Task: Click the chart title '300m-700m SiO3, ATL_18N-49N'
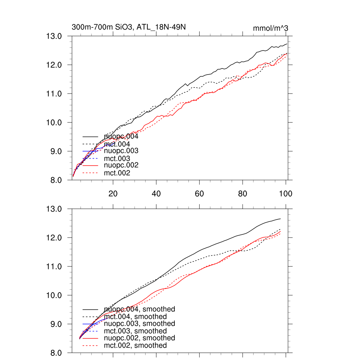(129, 27)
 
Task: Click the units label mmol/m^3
(271, 28)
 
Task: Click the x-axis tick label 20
(113, 194)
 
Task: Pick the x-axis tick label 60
(199, 194)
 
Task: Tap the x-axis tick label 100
(285, 194)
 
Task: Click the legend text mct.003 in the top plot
(117, 159)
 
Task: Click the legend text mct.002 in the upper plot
(117, 173)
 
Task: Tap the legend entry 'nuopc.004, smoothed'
(139, 309)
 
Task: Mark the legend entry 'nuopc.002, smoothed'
(139, 338)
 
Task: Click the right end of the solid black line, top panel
(287, 44)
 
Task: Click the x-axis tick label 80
(243, 194)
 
